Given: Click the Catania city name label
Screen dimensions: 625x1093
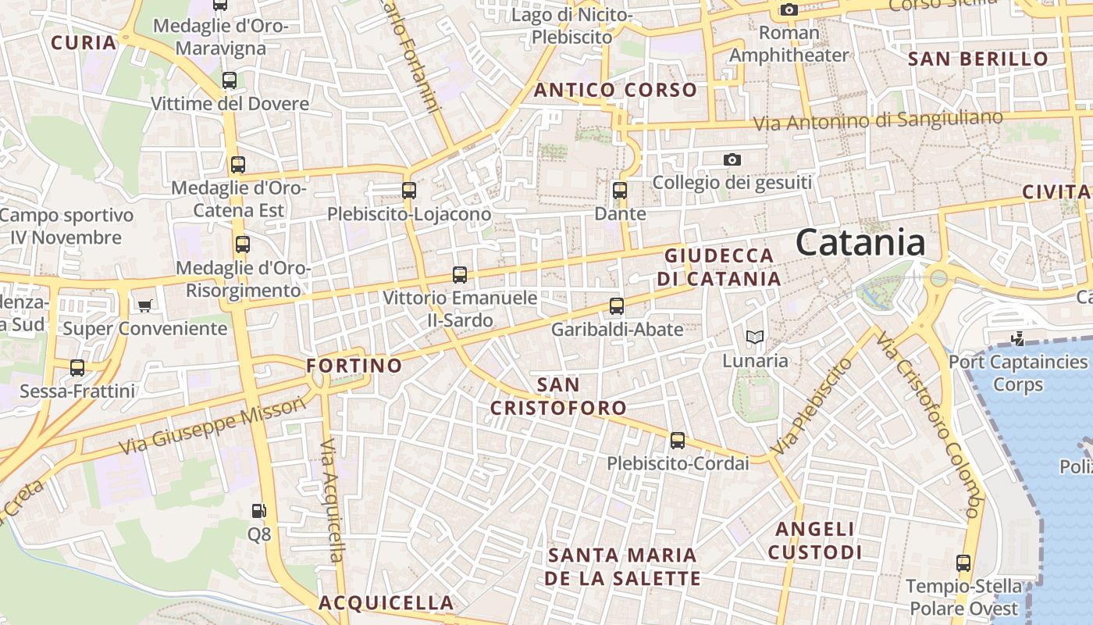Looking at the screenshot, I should coord(860,243).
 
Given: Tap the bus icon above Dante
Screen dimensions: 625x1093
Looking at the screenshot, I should coord(620,190).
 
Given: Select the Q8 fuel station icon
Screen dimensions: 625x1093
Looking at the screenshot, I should coord(258,512).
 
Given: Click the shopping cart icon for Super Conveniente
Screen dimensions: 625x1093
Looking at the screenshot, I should coord(144,305).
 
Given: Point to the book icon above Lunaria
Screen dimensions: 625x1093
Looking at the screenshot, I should coord(754,337).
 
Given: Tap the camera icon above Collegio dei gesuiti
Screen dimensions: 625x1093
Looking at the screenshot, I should coord(732,159).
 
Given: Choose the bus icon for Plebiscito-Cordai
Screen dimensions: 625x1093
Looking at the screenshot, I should coord(677,441).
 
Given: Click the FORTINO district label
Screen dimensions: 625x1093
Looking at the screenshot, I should coord(354,366).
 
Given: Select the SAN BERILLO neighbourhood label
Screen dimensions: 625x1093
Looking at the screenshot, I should coord(978,59).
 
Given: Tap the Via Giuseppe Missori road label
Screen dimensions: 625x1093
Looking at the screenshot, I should coord(212,426).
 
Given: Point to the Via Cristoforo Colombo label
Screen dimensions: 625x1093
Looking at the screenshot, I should coord(927,426).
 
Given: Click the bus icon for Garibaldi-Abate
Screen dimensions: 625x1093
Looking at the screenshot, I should coord(617,306).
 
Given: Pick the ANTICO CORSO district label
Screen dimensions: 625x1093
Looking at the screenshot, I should coord(615,90).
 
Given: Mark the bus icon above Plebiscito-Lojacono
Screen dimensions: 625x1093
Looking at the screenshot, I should coord(408,190).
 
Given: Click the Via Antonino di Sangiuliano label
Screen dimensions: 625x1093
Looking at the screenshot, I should coord(878,120).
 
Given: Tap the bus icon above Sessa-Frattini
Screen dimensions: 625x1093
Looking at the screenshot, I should coord(77,368).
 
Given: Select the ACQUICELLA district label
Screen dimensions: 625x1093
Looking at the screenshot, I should coord(386,603).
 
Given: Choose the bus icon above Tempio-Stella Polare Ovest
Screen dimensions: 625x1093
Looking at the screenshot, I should coord(963,563).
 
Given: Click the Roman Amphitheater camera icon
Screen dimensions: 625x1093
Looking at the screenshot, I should coord(789,10).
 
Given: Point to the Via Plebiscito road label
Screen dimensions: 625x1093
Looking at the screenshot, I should coord(812,407).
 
